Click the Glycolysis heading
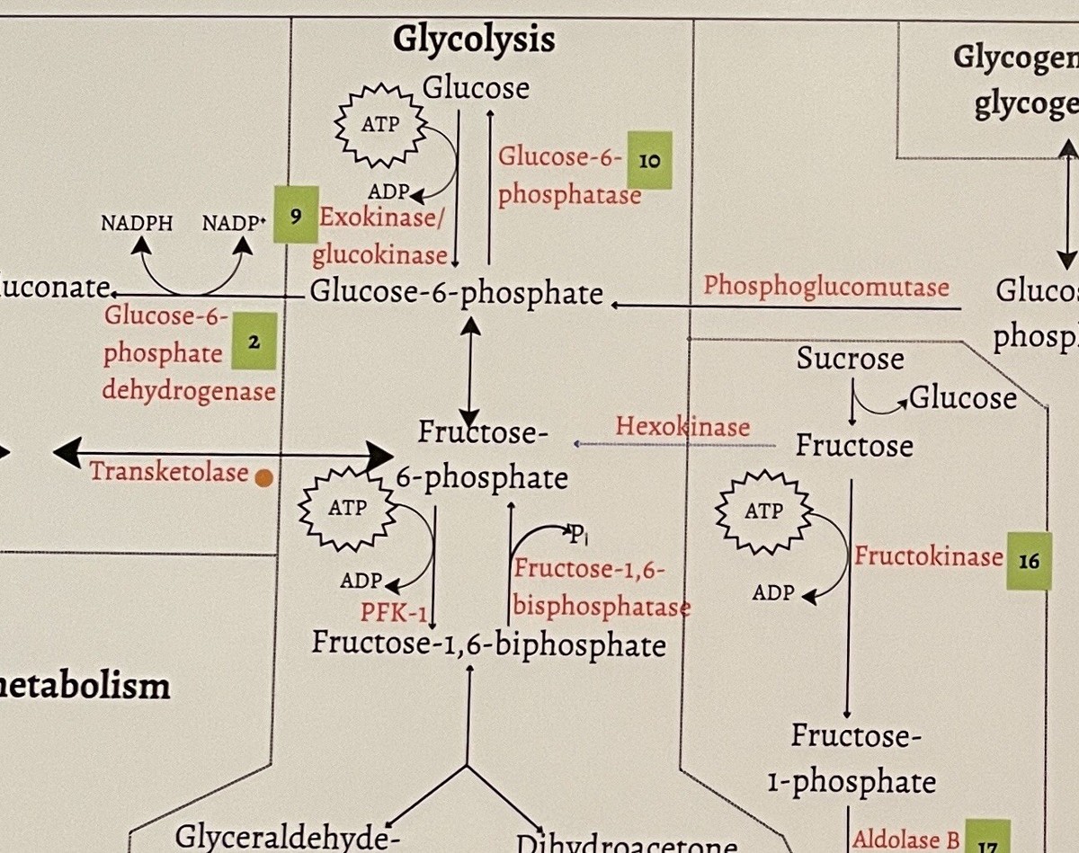click(x=474, y=40)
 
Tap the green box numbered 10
click(x=649, y=160)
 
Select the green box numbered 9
click(x=296, y=216)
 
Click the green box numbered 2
click(x=254, y=342)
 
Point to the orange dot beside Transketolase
click(x=263, y=479)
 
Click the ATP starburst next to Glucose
click(x=380, y=124)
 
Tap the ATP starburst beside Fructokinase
click(x=763, y=512)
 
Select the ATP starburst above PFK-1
click(x=347, y=509)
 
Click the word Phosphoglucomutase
click(x=825, y=287)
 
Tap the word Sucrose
click(x=850, y=359)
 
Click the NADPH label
click(x=137, y=224)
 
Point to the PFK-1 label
click(x=393, y=613)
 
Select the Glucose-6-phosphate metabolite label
click(x=456, y=293)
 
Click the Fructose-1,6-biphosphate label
click(x=488, y=644)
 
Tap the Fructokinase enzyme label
click(x=928, y=556)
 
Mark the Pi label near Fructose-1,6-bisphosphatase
click(x=577, y=537)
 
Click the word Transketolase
click(x=168, y=471)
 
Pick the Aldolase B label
click(x=905, y=840)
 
